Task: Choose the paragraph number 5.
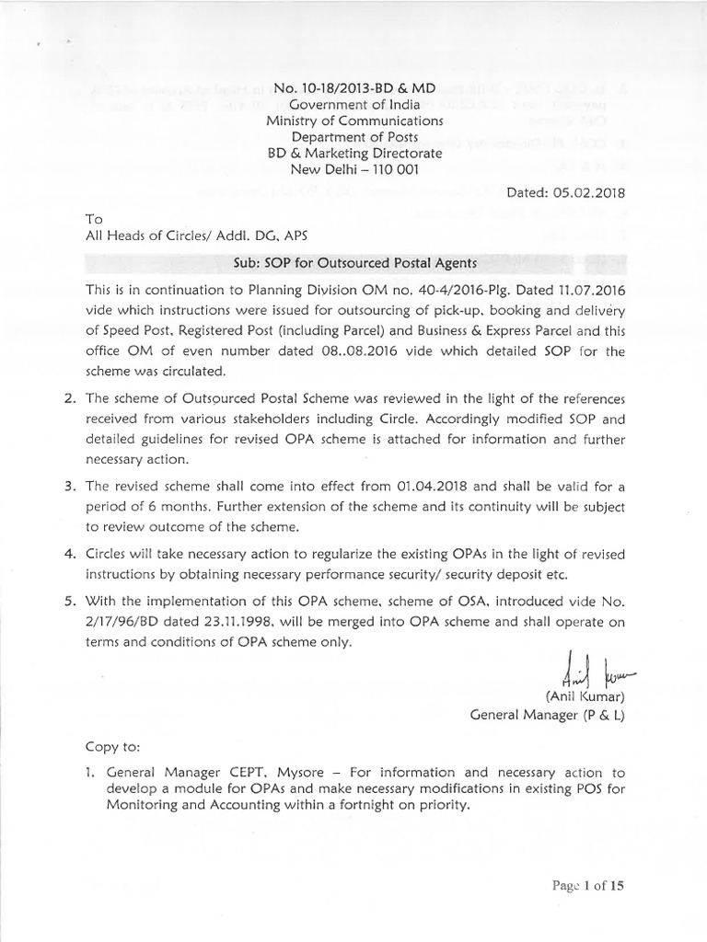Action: click(x=67, y=602)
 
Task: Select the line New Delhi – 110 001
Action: click(x=353, y=170)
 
